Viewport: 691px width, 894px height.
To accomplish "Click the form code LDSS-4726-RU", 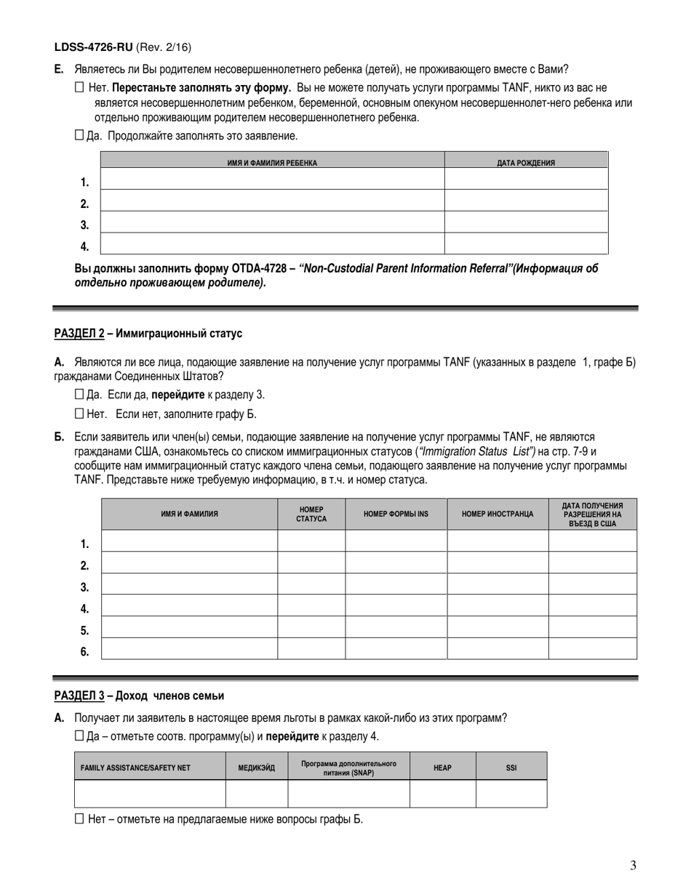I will click(93, 47).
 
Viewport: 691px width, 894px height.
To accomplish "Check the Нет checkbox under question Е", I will click(80, 87).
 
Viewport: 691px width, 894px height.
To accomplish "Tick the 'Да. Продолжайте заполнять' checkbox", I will click(80, 134).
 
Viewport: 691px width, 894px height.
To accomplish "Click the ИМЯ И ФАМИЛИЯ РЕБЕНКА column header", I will click(272, 163).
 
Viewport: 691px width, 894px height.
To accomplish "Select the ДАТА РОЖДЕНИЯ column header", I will click(525, 163).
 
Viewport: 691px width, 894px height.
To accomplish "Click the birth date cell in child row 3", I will click(525, 222).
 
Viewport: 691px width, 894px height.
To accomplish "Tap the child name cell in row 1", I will click(272, 180).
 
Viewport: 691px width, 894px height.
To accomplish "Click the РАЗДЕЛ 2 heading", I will click(79, 334).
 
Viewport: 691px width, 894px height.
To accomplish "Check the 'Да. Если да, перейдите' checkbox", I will click(80, 395).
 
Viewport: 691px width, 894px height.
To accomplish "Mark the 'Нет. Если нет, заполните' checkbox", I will click(80, 414).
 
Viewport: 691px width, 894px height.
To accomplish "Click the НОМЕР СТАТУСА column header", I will click(311, 514).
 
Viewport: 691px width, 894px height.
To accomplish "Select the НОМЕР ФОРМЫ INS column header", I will click(396, 514).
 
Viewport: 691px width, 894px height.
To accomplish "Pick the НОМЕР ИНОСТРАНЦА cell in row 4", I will click(498, 605).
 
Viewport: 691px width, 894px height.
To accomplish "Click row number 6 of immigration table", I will click(85, 651).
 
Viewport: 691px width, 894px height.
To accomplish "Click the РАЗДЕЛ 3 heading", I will click(79, 696).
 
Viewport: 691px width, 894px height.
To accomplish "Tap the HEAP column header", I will click(442, 768).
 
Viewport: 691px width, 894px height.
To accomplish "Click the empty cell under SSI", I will click(511, 794).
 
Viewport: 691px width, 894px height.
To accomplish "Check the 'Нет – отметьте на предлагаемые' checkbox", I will click(80, 819).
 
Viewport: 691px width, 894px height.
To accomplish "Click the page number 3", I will click(633, 865).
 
